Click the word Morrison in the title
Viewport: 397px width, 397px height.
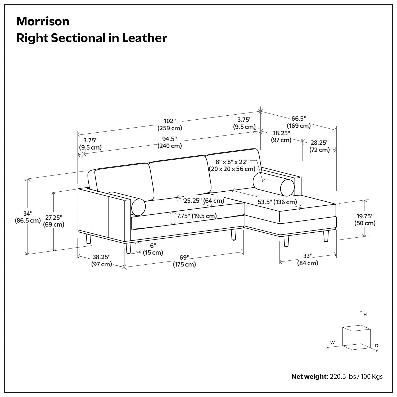click(43, 21)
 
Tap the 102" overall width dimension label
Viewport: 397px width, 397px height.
click(170, 124)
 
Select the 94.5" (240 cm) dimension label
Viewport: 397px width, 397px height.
click(170, 142)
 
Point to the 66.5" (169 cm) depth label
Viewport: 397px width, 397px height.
click(299, 122)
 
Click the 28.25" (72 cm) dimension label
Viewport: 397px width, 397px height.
click(319, 146)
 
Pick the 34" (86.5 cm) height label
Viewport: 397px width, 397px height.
click(28, 217)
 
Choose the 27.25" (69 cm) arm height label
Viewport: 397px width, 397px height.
click(54, 221)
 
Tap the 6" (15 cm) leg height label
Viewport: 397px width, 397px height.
click(153, 249)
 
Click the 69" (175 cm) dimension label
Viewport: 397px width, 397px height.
click(184, 261)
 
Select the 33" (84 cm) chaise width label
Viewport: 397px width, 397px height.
click(308, 260)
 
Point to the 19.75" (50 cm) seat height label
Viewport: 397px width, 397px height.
click(365, 220)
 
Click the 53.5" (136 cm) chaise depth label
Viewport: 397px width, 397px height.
click(277, 202)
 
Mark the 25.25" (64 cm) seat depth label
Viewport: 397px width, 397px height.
click(204, 200)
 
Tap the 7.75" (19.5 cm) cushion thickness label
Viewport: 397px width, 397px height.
click(197, 216)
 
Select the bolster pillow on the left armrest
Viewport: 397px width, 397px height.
click(138, 207)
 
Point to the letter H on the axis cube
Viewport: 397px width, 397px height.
click(365, 314)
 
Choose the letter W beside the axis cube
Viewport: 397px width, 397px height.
click(332, 342)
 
